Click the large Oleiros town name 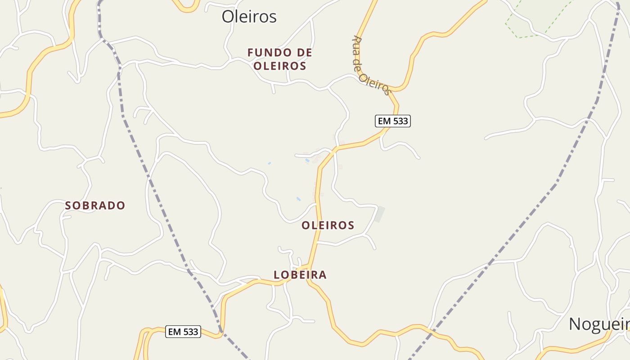pyautogui.click(x=249, y=17)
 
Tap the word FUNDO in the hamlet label pyautogui.click(x=265, y=53)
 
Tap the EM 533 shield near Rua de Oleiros pyautogui.click(x=393, y=121)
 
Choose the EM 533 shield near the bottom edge pyautogui.click(x=183, y=332)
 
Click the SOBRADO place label pyautogui.click(x=95, y=206)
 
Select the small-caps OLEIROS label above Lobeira pyautogui.click(x=328, y=225)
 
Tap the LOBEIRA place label pyautogui.click(x=300, y=274)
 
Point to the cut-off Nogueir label pyautogui.click(x=599, y=324)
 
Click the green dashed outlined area pyautogui.click(x=538, y=18)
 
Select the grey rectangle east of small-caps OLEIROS pyautogui.click(x=380, y=214)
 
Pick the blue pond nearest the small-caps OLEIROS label pyautogui.click(x=298, y=198)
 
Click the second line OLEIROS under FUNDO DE pyautogui.click(x=279, y=66)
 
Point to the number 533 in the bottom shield pyautogui.click(x=190, y=332)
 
